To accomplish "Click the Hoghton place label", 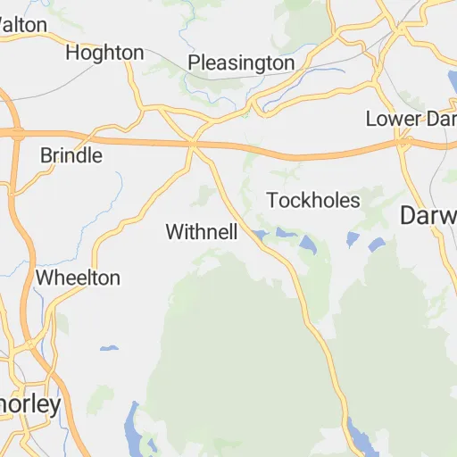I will point(104,53).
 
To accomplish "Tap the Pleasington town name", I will point(241,63).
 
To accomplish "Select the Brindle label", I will point(71,155).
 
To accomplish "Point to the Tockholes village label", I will point(313,200).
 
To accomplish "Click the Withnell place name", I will point(202,232).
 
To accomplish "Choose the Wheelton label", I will point(78,278).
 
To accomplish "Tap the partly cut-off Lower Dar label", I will point(411,119).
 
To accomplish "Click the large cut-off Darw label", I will point(428,215).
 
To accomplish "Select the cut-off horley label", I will point(31,404).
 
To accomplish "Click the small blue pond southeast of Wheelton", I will point(109,347).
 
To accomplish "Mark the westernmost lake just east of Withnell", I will point(259,235).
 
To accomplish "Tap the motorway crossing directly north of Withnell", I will point(194,143).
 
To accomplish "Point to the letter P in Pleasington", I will point(194,63).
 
